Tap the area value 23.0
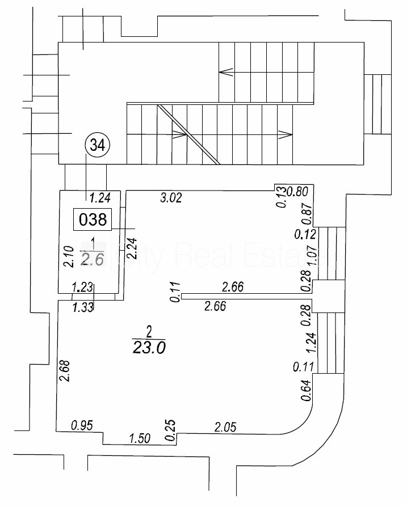point(148,348)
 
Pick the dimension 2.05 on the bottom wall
point(224,426)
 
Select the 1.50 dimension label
point(140,438)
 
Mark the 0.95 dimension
point(82,425)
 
